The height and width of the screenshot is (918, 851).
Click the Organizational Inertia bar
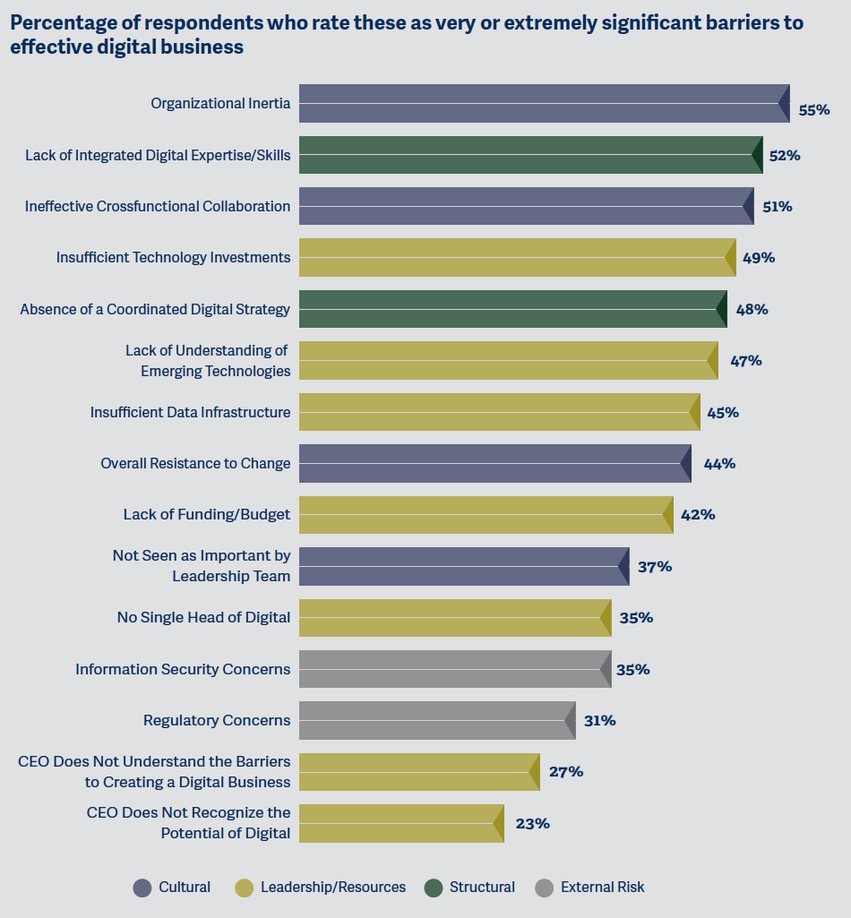click(x=544, y=103)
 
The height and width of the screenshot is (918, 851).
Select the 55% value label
click(x=814, y=110)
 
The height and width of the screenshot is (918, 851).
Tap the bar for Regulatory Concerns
click(x=436, y=720)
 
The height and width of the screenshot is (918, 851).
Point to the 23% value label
click(x=532, y=823)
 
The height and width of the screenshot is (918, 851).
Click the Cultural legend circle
click(x=142, y=888)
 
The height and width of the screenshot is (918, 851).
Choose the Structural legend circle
click(x=434, y=888)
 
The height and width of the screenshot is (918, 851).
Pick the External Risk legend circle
click(x=545, y=888)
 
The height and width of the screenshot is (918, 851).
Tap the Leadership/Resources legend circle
click(x=245, y=888)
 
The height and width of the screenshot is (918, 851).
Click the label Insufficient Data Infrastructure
click(x=190, y=412)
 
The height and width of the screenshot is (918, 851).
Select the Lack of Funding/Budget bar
click(x=486, y=515)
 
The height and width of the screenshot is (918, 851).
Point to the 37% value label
click(x=655, y=567)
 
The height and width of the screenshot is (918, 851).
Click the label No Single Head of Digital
click(x=203, y=617)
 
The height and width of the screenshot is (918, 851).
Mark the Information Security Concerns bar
click(x=454, y=669)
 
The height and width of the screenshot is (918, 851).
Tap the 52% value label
click(x=784, y=156)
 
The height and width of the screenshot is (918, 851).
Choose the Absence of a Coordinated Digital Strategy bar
click(x=512, y=309)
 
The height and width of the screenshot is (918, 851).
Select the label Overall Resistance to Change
click(x=195, y=463)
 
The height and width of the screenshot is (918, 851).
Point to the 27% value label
click(x=566, y=771)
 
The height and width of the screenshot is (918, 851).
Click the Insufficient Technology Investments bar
click(x=517, y=258)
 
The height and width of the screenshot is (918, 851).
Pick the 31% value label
click(x=599, y=720)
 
